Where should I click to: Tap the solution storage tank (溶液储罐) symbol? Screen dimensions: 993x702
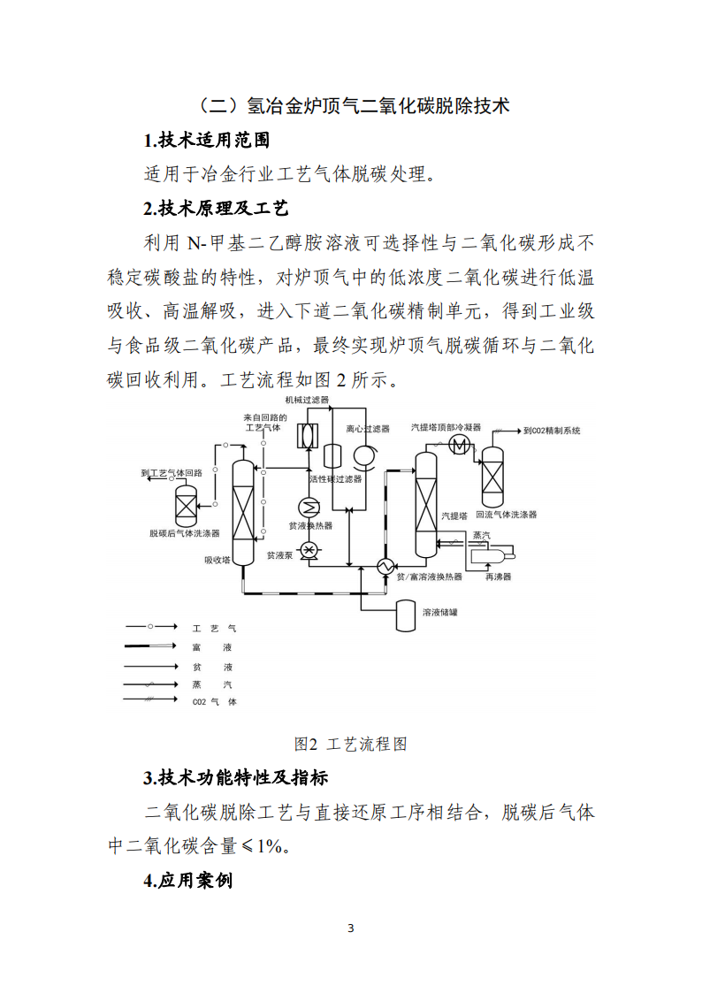(x=407, y=615)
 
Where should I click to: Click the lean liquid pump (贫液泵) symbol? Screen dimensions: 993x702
(x=309, y=550)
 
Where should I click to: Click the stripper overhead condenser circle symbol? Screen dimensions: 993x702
(x=460, y=444)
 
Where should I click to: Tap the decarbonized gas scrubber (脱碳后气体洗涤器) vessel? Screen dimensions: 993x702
(x=186, y=506)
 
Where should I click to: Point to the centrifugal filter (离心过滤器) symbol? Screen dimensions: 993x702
(x=363, y=454)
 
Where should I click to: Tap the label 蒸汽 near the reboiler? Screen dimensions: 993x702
(x=481, y=535)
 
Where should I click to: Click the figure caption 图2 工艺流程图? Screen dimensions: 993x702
(x=350, y=744)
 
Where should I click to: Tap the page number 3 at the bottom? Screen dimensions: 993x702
(x=351, y=928)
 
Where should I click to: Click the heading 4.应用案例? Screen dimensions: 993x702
(x=188, y=881)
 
